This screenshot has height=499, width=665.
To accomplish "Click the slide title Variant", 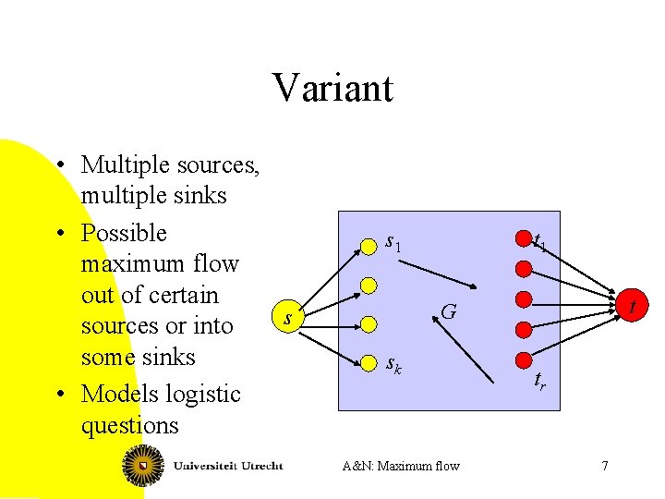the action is [332, 88].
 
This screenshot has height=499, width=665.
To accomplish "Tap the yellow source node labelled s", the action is [289, 317].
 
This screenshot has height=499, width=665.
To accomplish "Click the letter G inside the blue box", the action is [448, 312].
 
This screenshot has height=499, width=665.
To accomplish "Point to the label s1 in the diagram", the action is [393, 243].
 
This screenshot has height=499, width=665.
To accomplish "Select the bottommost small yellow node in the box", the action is [369, 360].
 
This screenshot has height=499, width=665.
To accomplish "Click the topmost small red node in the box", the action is [523, 242].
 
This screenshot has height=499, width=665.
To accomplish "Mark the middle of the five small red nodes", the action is [523, 299].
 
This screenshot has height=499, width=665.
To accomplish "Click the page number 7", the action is [605, 466].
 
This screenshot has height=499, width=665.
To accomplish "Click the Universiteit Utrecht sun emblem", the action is [144, 465].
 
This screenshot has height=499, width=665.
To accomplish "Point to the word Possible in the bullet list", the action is [124, 233].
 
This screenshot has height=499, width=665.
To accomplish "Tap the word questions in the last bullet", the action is [129, 425].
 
